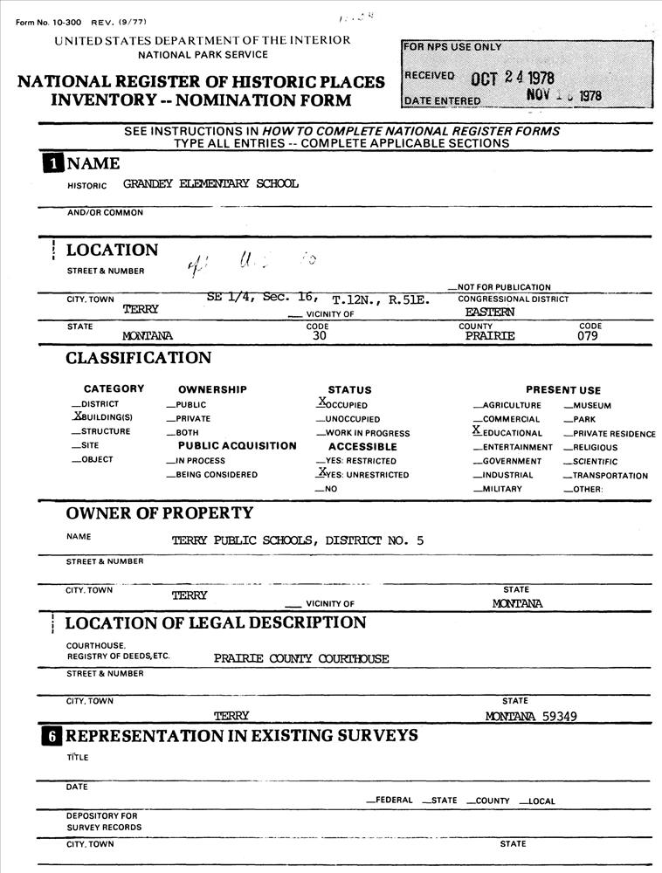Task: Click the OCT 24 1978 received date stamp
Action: coord(513,78)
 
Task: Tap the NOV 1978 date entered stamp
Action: coord(564,96)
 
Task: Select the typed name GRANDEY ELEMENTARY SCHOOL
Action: coord(210,184)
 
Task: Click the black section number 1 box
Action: coord(53,163)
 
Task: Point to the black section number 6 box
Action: coord(53,736)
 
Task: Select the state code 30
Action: coord(320,335)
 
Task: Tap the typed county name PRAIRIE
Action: coord(490,335)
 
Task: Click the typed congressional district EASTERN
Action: coord(490,311)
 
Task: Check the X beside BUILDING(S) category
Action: coord(77,417)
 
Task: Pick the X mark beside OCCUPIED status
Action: coord(321,402)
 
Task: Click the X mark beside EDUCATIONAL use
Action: coord(476,430)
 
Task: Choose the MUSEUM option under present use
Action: coord(591,405)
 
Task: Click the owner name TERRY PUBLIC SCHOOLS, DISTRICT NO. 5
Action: coord(298,540)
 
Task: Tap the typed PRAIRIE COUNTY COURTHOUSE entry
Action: coord(301,659)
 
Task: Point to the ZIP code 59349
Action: coord(559,717)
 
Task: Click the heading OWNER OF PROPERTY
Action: coord(160,513)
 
